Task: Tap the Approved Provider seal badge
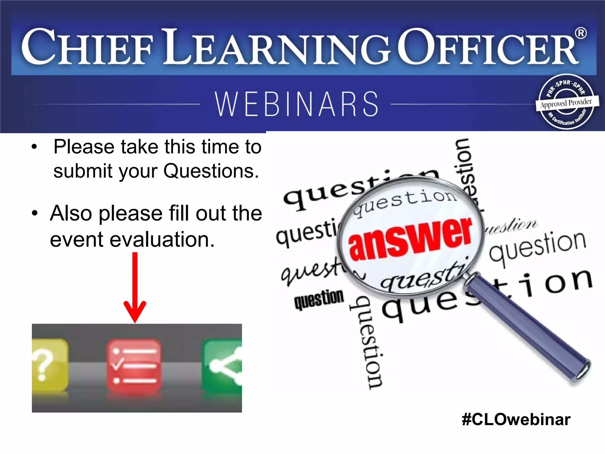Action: coord(566,102)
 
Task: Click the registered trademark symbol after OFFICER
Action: coord(581,33)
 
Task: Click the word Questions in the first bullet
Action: coord(211,171)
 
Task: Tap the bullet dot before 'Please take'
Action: coord(35,147)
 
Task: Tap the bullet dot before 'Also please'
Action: coord(35,213)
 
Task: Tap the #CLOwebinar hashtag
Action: coord(516,419)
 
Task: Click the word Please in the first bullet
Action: coord(84,147)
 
